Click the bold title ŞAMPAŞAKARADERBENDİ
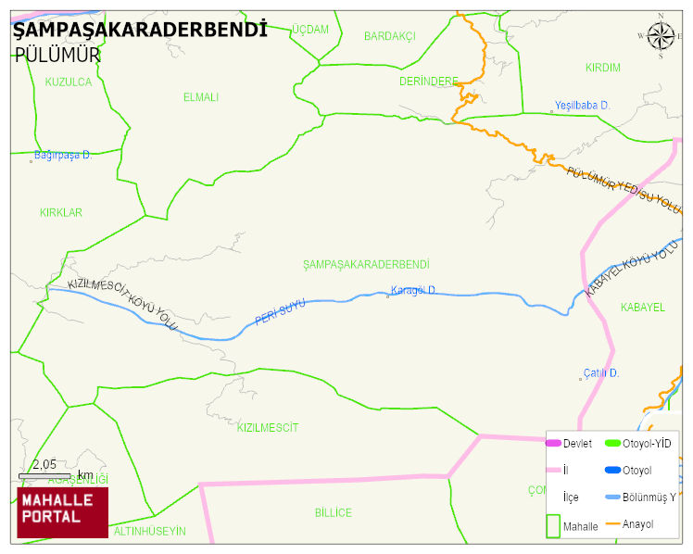click(x=140, y=30)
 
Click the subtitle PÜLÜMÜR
click(x=57, y=55)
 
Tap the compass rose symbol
click(x=661, y=36)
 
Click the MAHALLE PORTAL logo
click(x=62, y=512)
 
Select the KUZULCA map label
click(x=69, y=82)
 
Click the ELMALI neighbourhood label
click(x=201, y=97)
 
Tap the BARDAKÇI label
click(x=389, y=36)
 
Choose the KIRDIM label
click(x=603, y=69)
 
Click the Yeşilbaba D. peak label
click(x=582, y=106)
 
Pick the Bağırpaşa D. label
click(x=63, y=155)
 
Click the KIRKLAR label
click(x=61, y=213)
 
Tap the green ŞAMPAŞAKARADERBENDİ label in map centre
click(x=366, y=265)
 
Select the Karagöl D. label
click(x=413, y=290)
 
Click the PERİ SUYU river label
click(x=280, y=312)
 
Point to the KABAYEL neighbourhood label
click(x=642, y=308)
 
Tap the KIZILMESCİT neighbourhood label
click(x=268, y=428)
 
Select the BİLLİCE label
click(x=333, y=513)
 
